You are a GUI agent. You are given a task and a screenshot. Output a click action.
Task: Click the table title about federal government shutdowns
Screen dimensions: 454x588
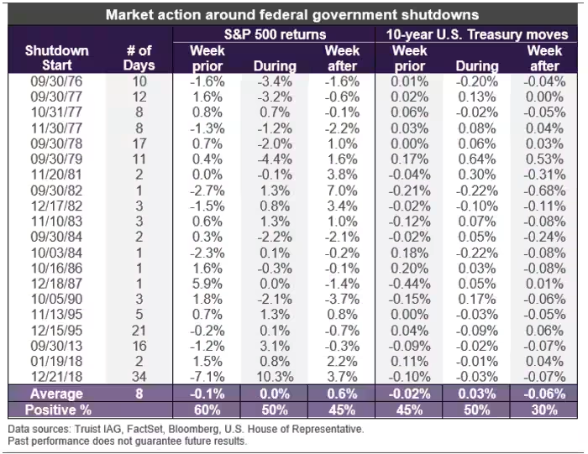(x=292, y=15)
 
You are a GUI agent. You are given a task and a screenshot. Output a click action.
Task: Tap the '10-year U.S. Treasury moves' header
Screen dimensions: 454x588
(x=477, y=34)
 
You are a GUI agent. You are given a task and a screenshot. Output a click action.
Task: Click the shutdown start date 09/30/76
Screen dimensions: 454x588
(x=56, y=81)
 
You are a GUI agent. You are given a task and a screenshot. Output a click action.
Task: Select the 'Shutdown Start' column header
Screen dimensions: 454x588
(x=56, y=58)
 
